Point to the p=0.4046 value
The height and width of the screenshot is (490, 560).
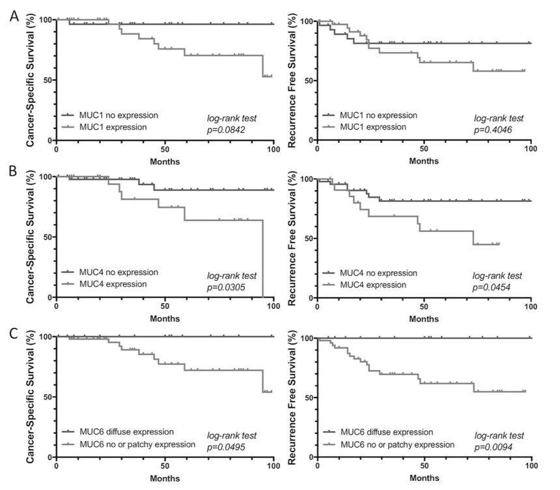coord(497,131)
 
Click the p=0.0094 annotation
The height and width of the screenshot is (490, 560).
coord(497,447)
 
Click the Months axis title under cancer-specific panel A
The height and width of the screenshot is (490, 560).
coord(165,162)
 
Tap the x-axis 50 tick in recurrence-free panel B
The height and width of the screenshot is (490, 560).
coord(425,308)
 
